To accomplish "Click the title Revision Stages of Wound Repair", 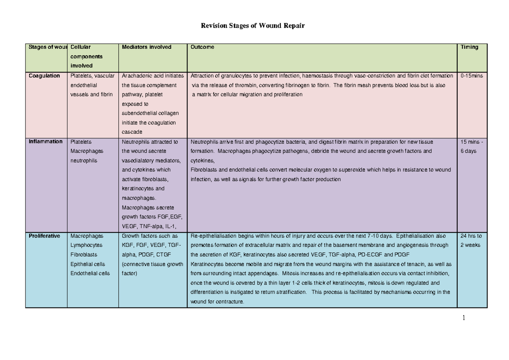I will pos(252,26).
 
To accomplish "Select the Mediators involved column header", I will pos(146,47).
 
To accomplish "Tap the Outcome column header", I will pos(202,47).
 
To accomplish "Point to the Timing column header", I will pos(470,47).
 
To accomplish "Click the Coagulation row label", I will pos(45,76).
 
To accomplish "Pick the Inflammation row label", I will pos(45,142).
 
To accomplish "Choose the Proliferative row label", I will pos(45,236).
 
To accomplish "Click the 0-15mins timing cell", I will pos(472,76).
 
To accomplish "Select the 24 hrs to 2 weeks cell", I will pos(472,240).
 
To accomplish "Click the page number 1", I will pos(464,318).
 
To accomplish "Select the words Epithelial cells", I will pos(88,264).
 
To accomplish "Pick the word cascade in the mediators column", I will pos(132,132).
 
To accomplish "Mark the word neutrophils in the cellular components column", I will pos(84,161).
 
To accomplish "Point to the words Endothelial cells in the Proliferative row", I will pos(90,273).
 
